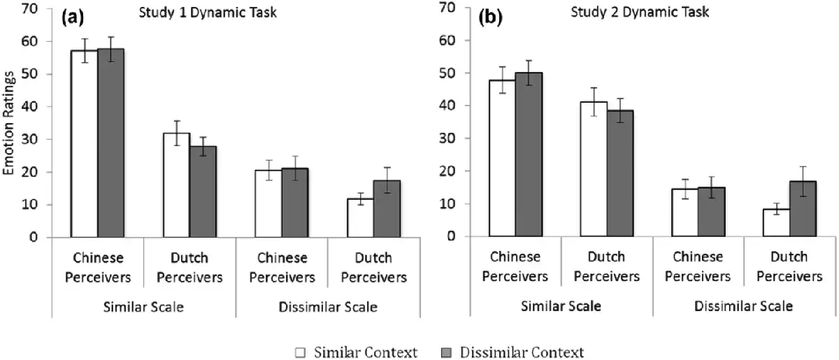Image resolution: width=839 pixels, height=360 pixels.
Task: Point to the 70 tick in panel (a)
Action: (34, 9)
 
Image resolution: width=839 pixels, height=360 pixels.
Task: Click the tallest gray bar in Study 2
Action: (528, 154)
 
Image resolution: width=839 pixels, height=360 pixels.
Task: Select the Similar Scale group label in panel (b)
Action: (561, 305)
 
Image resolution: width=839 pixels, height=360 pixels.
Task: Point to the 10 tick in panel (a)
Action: (34, 205)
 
